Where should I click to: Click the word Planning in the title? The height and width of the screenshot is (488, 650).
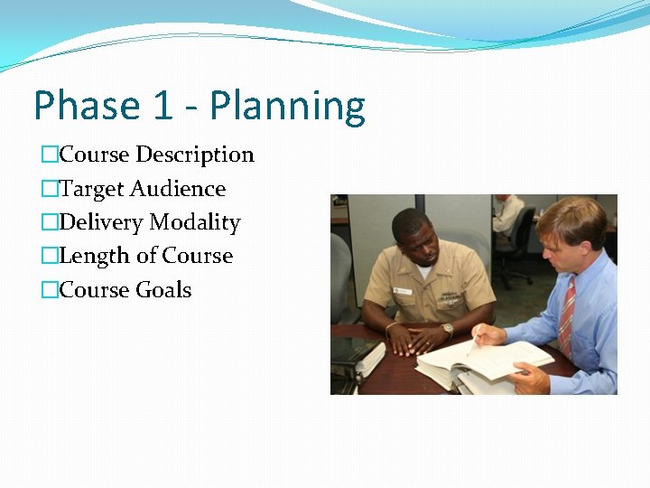click(x=287, y=108)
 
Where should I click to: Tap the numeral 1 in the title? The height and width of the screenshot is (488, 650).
click(x=162, y=106)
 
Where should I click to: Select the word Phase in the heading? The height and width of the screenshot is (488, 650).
click(x=86, y=106)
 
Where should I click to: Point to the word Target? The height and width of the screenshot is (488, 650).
click(x=91, y=189)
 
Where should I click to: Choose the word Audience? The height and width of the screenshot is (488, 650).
click(x=178, y=189)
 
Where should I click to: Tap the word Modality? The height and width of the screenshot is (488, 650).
click(x=195, y=222)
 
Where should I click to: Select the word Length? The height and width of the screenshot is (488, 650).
click(x=94, y=256)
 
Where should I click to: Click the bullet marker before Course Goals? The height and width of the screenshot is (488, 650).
click(x=50, y=290)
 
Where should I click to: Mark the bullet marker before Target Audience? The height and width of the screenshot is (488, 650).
click(x=50, y=189)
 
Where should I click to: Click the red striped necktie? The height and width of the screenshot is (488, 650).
click(x=566, y=316)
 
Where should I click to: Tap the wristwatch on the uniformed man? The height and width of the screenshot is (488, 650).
click(x=448, y=330)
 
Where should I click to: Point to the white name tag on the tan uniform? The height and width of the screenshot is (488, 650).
click(x=403, y=291)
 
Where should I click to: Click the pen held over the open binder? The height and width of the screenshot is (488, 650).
click(x=473, y=343)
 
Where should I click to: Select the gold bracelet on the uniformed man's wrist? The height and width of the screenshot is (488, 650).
click(x=389, y=326)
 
